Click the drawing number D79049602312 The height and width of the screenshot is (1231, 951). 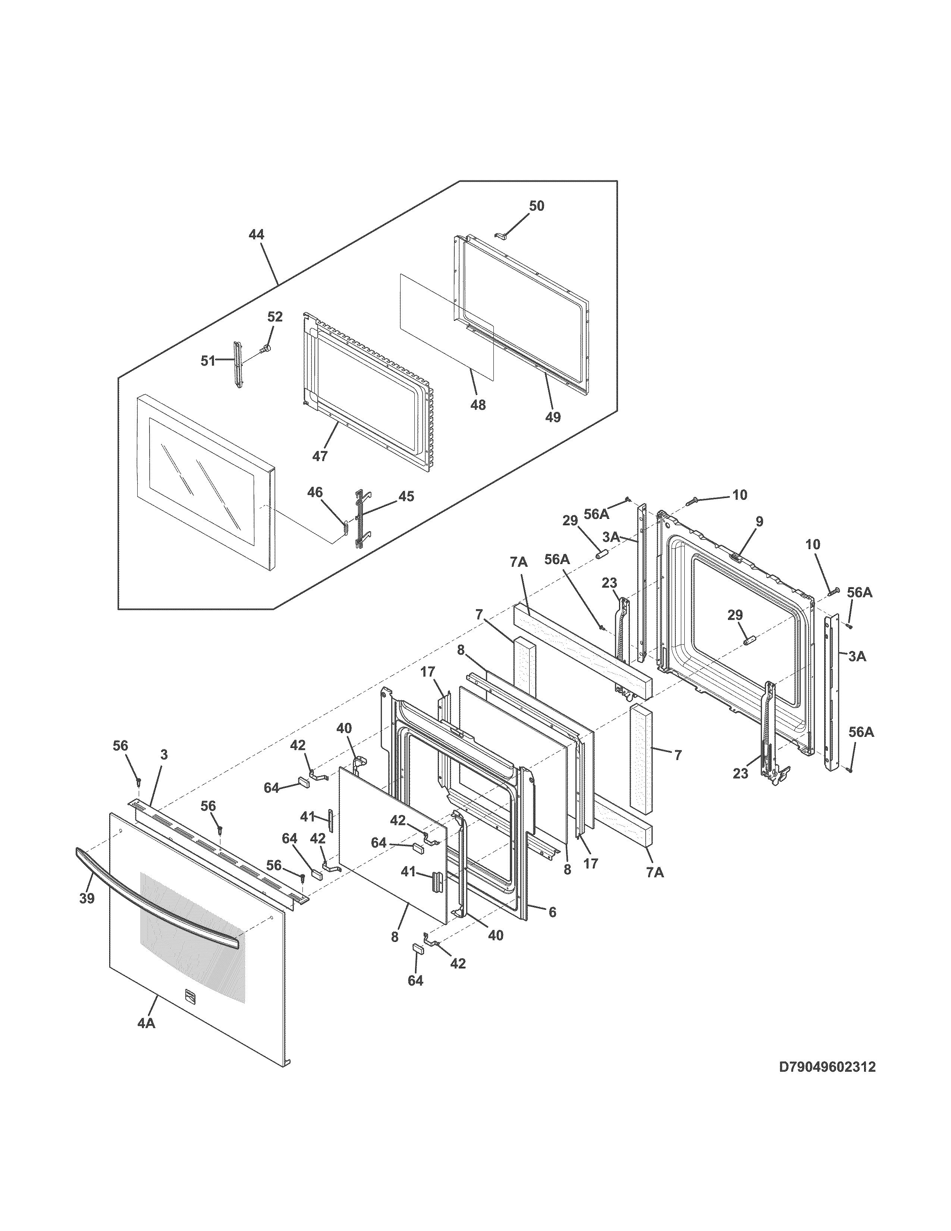point(827,1067)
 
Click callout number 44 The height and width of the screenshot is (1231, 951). point(256,235)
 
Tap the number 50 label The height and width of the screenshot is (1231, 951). point(536,206)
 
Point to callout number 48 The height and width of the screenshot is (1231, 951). point(478,405)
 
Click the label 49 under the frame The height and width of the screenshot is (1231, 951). point(553,417)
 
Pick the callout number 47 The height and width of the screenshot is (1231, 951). point(320,456)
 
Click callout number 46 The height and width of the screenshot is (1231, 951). point(314,492)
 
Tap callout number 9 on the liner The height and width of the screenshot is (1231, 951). point(759,521)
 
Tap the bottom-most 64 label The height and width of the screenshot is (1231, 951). point(415,981)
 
